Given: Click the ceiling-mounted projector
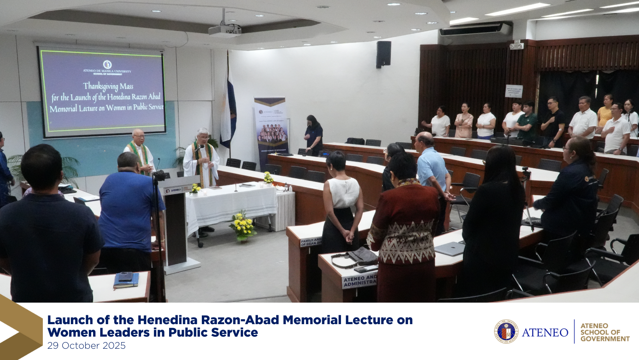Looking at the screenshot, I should pos(225,29).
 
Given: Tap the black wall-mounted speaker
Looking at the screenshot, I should pos(383,54).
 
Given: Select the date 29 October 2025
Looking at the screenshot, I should pos(86,346).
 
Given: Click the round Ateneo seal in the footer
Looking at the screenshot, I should pos(506,332).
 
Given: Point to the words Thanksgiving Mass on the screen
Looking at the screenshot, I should pos(108,86).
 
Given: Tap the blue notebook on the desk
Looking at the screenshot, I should pos(126,280).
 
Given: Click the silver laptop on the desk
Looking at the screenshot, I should pos(450,248).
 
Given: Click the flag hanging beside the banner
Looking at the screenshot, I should pos(228,109).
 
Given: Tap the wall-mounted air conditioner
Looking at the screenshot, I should pos(475,29).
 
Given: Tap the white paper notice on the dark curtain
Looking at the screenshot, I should pos(514,91).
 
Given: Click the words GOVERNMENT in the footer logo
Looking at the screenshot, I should pos(605,339).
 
